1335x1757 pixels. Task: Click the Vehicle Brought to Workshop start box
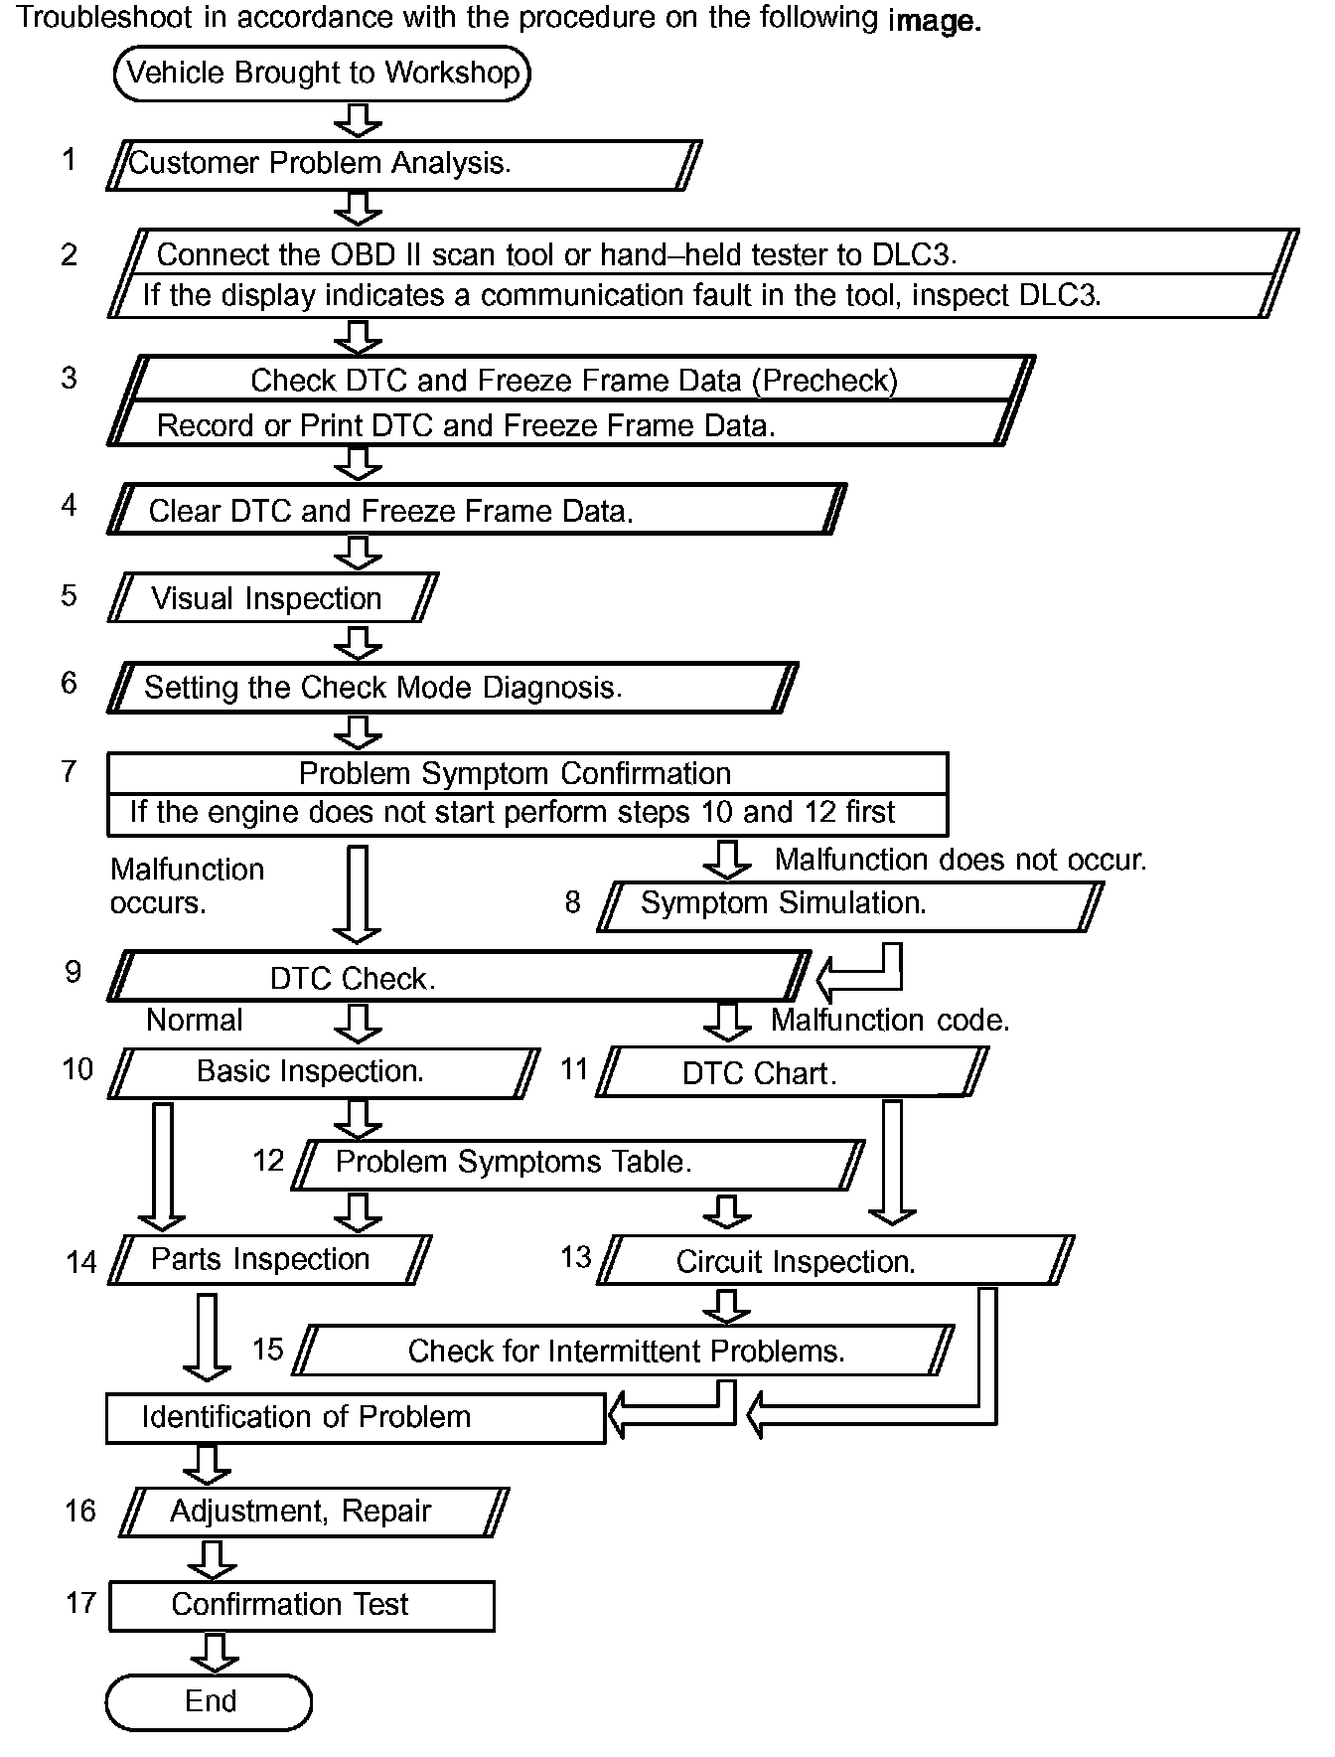(x=322, y=74)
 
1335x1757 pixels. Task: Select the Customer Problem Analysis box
(x=403, y=164)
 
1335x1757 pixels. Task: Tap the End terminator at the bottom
(x=209, y=1701)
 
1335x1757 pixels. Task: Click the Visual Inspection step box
(x=272, y=598)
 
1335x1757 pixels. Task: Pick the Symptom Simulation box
(x=849, y=904)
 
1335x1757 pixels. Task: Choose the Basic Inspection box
(x=323, y=1072)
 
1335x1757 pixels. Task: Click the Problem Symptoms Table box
(x=579, y=1163)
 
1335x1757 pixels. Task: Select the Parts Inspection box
(x=269, y=1259)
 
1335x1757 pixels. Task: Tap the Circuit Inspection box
(x=834, y=1261)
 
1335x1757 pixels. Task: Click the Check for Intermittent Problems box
(x=624, y=1351)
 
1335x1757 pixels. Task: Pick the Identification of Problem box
(x=355, y=1417)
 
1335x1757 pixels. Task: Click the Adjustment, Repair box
(x=313, y=1512)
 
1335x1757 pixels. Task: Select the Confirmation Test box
(x=301, y=1605)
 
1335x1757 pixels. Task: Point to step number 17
(x=80, y=1602)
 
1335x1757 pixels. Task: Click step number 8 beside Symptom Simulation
(x=572, y=901)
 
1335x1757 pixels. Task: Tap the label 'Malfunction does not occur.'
(x=960, y=860)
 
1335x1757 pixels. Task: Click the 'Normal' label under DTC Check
(x=195, y=1021)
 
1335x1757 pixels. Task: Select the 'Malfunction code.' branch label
(x=890, y=1021)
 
